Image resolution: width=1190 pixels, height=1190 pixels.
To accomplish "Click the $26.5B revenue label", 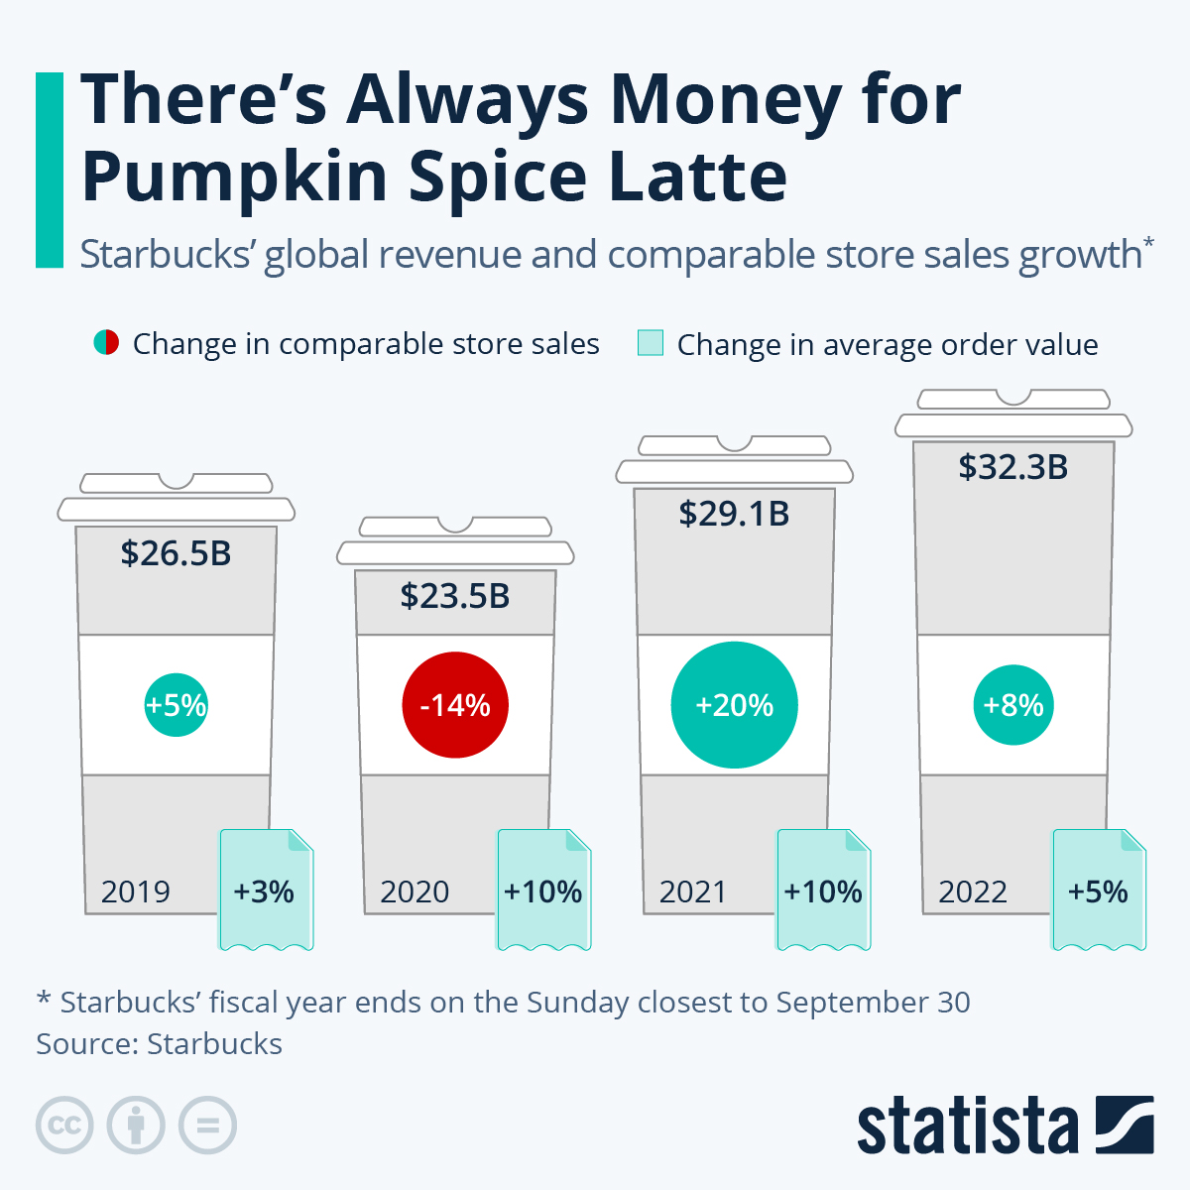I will click(x=176, y=553).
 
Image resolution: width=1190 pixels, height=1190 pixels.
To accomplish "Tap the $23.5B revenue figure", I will click(x=455, y=596).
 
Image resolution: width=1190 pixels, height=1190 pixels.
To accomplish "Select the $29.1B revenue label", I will click(x=734, y=514).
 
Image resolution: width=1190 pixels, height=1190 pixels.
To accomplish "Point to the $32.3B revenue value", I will click(x=1012, y=467).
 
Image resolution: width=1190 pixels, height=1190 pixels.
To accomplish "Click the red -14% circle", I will click(x=455, y=705).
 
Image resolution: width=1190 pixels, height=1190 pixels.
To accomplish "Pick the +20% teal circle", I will click(x=734, y=705).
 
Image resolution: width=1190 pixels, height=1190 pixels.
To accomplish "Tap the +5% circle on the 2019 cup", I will click(x=176, y=705).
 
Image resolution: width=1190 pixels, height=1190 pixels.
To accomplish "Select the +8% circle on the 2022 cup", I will click(x=1012, y=705).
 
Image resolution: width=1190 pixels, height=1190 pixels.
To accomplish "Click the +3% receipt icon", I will click(x=265, y=890).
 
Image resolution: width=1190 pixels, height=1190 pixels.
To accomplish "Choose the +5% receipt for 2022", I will click(x=1099, y=890).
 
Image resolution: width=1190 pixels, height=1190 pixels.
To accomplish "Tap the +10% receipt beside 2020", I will click(x=543, y=890).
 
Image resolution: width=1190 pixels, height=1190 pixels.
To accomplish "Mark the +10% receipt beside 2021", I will click(x=823, y=890).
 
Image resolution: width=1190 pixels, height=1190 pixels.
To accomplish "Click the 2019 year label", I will click(x=136, y=892).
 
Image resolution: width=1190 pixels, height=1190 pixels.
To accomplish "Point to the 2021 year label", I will click(x=693, y=892).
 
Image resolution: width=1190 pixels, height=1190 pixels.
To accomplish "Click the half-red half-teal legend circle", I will click(x=106, y=343).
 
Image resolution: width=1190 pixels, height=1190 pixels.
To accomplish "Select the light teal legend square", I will click(x=651, y=343).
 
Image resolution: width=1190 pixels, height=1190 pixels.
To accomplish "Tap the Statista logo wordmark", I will click(x=967, y=1127).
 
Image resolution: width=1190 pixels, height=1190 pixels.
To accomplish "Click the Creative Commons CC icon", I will click(x=64, y=1126).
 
